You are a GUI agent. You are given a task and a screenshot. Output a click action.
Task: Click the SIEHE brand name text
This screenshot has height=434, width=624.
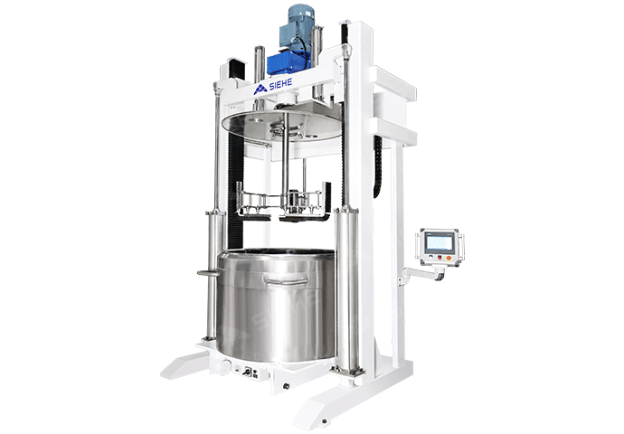[280, 84]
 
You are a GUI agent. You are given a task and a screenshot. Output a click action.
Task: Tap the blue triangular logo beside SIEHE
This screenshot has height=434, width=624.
[260, 90]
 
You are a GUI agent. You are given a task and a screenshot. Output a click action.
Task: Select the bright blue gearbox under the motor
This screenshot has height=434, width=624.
[288, 63]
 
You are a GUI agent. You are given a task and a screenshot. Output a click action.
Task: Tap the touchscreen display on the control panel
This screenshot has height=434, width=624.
[440, 242]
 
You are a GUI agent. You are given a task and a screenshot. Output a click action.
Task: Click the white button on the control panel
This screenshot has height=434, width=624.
[431, 258]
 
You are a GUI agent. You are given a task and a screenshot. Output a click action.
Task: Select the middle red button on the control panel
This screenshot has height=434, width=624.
[440, 258]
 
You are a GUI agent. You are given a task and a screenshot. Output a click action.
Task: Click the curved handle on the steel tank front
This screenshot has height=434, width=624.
[287, 280]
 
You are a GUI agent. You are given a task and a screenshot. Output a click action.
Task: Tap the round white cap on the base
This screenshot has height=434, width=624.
[226, 365]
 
